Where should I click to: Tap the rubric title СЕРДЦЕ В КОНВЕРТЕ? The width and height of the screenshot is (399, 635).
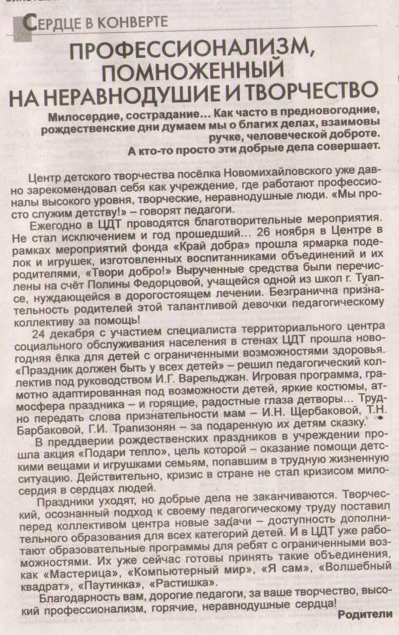(x=94, y=23)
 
